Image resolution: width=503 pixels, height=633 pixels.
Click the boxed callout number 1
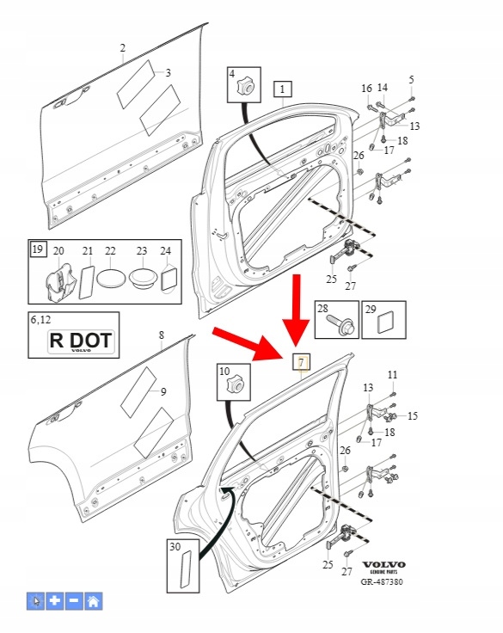pyautogui.click(x=283, y=89)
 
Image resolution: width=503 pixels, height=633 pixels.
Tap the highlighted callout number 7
pyautogui.click(x=301, y=363)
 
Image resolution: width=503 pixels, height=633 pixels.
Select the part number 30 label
pyautogui.click(x=175, y=547)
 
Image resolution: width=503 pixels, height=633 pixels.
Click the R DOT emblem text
pyautogui.click(x=81, y=341)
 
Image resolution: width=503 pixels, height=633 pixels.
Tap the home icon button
pyautogui.click(x=93, y=601)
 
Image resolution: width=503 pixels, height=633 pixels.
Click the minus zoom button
pyautogui.click(x=74, y=601)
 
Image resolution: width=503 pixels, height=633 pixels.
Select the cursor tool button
pyautogui.click(x=36, y=601)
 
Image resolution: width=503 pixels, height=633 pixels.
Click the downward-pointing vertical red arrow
pyautogui.click(x=297, y=310)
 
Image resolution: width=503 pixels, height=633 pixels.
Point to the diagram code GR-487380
pyautogui.click(x=382, y=581)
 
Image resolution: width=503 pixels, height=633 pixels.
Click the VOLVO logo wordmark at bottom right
pyautogui.click(x=383, y=564)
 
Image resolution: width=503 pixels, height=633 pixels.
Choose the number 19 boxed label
pyautogui.click(x=38, y=249)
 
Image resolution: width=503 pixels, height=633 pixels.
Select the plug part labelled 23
pyautogui.click(x=143, y=277)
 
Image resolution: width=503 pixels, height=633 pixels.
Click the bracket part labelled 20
pyautogui.click(x=59, y=282)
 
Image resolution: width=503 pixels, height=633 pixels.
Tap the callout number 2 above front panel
pyautogui.click(x=123, y=48)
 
